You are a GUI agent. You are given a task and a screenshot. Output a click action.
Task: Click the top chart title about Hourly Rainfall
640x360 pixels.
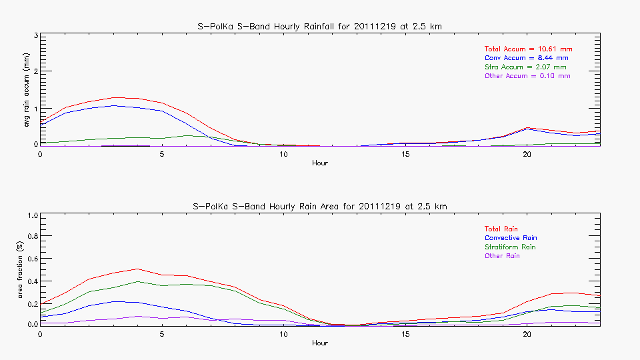[320, 26]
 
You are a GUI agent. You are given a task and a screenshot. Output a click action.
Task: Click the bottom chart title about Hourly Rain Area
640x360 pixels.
[320, 206]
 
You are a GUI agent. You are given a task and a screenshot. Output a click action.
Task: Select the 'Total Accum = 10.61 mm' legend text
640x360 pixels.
[528, 49]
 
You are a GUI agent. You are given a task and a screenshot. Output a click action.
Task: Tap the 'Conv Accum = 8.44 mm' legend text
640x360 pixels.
[526, 58]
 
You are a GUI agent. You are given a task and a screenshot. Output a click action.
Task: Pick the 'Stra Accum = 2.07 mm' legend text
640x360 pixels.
[525, 67]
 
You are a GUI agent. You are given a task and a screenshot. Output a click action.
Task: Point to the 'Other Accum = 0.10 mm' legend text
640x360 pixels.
[527, 76]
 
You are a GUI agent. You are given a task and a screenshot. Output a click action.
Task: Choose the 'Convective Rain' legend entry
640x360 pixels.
[511, 238]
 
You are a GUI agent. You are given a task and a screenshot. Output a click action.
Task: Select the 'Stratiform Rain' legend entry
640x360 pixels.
[510, 247]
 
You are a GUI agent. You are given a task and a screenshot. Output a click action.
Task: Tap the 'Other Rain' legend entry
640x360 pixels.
[502, 256]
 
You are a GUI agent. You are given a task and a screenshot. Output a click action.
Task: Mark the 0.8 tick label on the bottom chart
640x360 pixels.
[31, 236]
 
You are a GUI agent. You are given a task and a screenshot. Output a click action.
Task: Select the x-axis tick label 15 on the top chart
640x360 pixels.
[405, 154]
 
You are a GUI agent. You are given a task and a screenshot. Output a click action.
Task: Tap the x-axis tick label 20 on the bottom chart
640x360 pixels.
[527, 334]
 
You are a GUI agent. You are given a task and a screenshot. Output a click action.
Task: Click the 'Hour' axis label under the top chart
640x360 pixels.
[320, 163]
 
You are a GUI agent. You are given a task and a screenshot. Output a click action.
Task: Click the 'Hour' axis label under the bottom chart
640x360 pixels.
[320, 343]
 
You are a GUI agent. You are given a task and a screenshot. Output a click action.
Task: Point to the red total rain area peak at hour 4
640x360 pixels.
[137, 269]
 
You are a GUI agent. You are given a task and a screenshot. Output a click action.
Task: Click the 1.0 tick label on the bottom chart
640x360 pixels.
[31, 215]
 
